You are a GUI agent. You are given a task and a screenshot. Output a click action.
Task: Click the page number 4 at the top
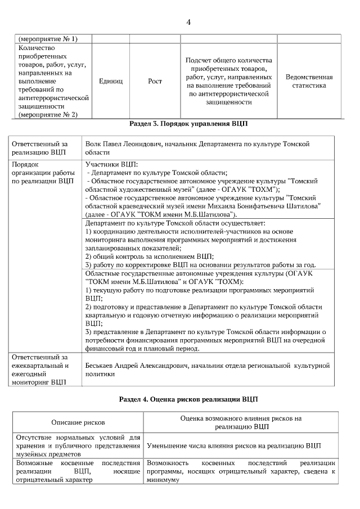click(x=188, y=22)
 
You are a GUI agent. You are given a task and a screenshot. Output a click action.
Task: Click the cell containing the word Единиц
click(x=110, y=82)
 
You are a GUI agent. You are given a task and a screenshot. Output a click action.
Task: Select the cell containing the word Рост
click(x=155, y=82)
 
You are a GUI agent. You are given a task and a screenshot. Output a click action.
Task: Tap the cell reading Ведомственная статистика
click(x=309, y=82)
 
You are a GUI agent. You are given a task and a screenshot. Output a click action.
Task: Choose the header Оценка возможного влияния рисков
click(x=241, y=418)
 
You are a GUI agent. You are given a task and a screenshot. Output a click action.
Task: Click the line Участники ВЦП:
click(x=111, y=164)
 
